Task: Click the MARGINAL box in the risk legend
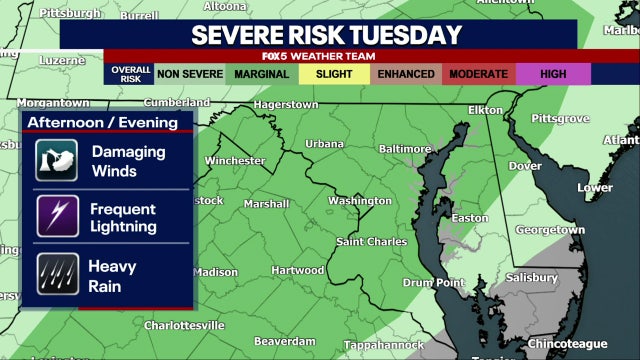(263, 74)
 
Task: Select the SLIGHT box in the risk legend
(335, 74)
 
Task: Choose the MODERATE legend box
(479, 74)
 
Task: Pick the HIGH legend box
(553, 74)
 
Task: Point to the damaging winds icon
(57, 161)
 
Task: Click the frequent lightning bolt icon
(57, 217)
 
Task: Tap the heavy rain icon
(57, 273)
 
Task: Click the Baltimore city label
(404, 149)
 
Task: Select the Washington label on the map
(359, 201)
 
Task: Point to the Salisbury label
(530, 277)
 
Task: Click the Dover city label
(526, 166)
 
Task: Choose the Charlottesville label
(184, 326)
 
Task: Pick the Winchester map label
(235, 161)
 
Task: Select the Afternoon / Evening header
(109, 123)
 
